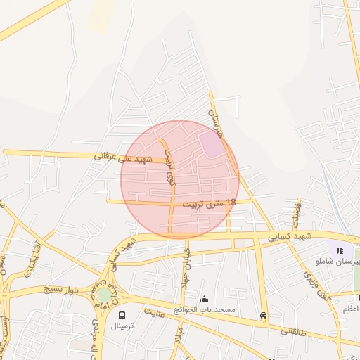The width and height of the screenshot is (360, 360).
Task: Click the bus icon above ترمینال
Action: coord(122,316)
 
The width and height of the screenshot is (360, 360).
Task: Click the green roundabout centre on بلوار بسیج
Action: coord(104,295)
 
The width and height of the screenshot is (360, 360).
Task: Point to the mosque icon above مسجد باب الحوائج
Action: coord(205,299)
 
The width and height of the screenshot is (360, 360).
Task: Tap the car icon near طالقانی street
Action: coord(263,316)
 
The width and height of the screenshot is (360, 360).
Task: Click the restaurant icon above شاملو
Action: coord(340,250)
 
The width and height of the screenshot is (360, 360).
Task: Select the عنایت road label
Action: coord(154,312)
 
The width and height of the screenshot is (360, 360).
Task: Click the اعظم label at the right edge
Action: coord(351,309)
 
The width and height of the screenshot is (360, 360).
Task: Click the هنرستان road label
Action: coord(216,117)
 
